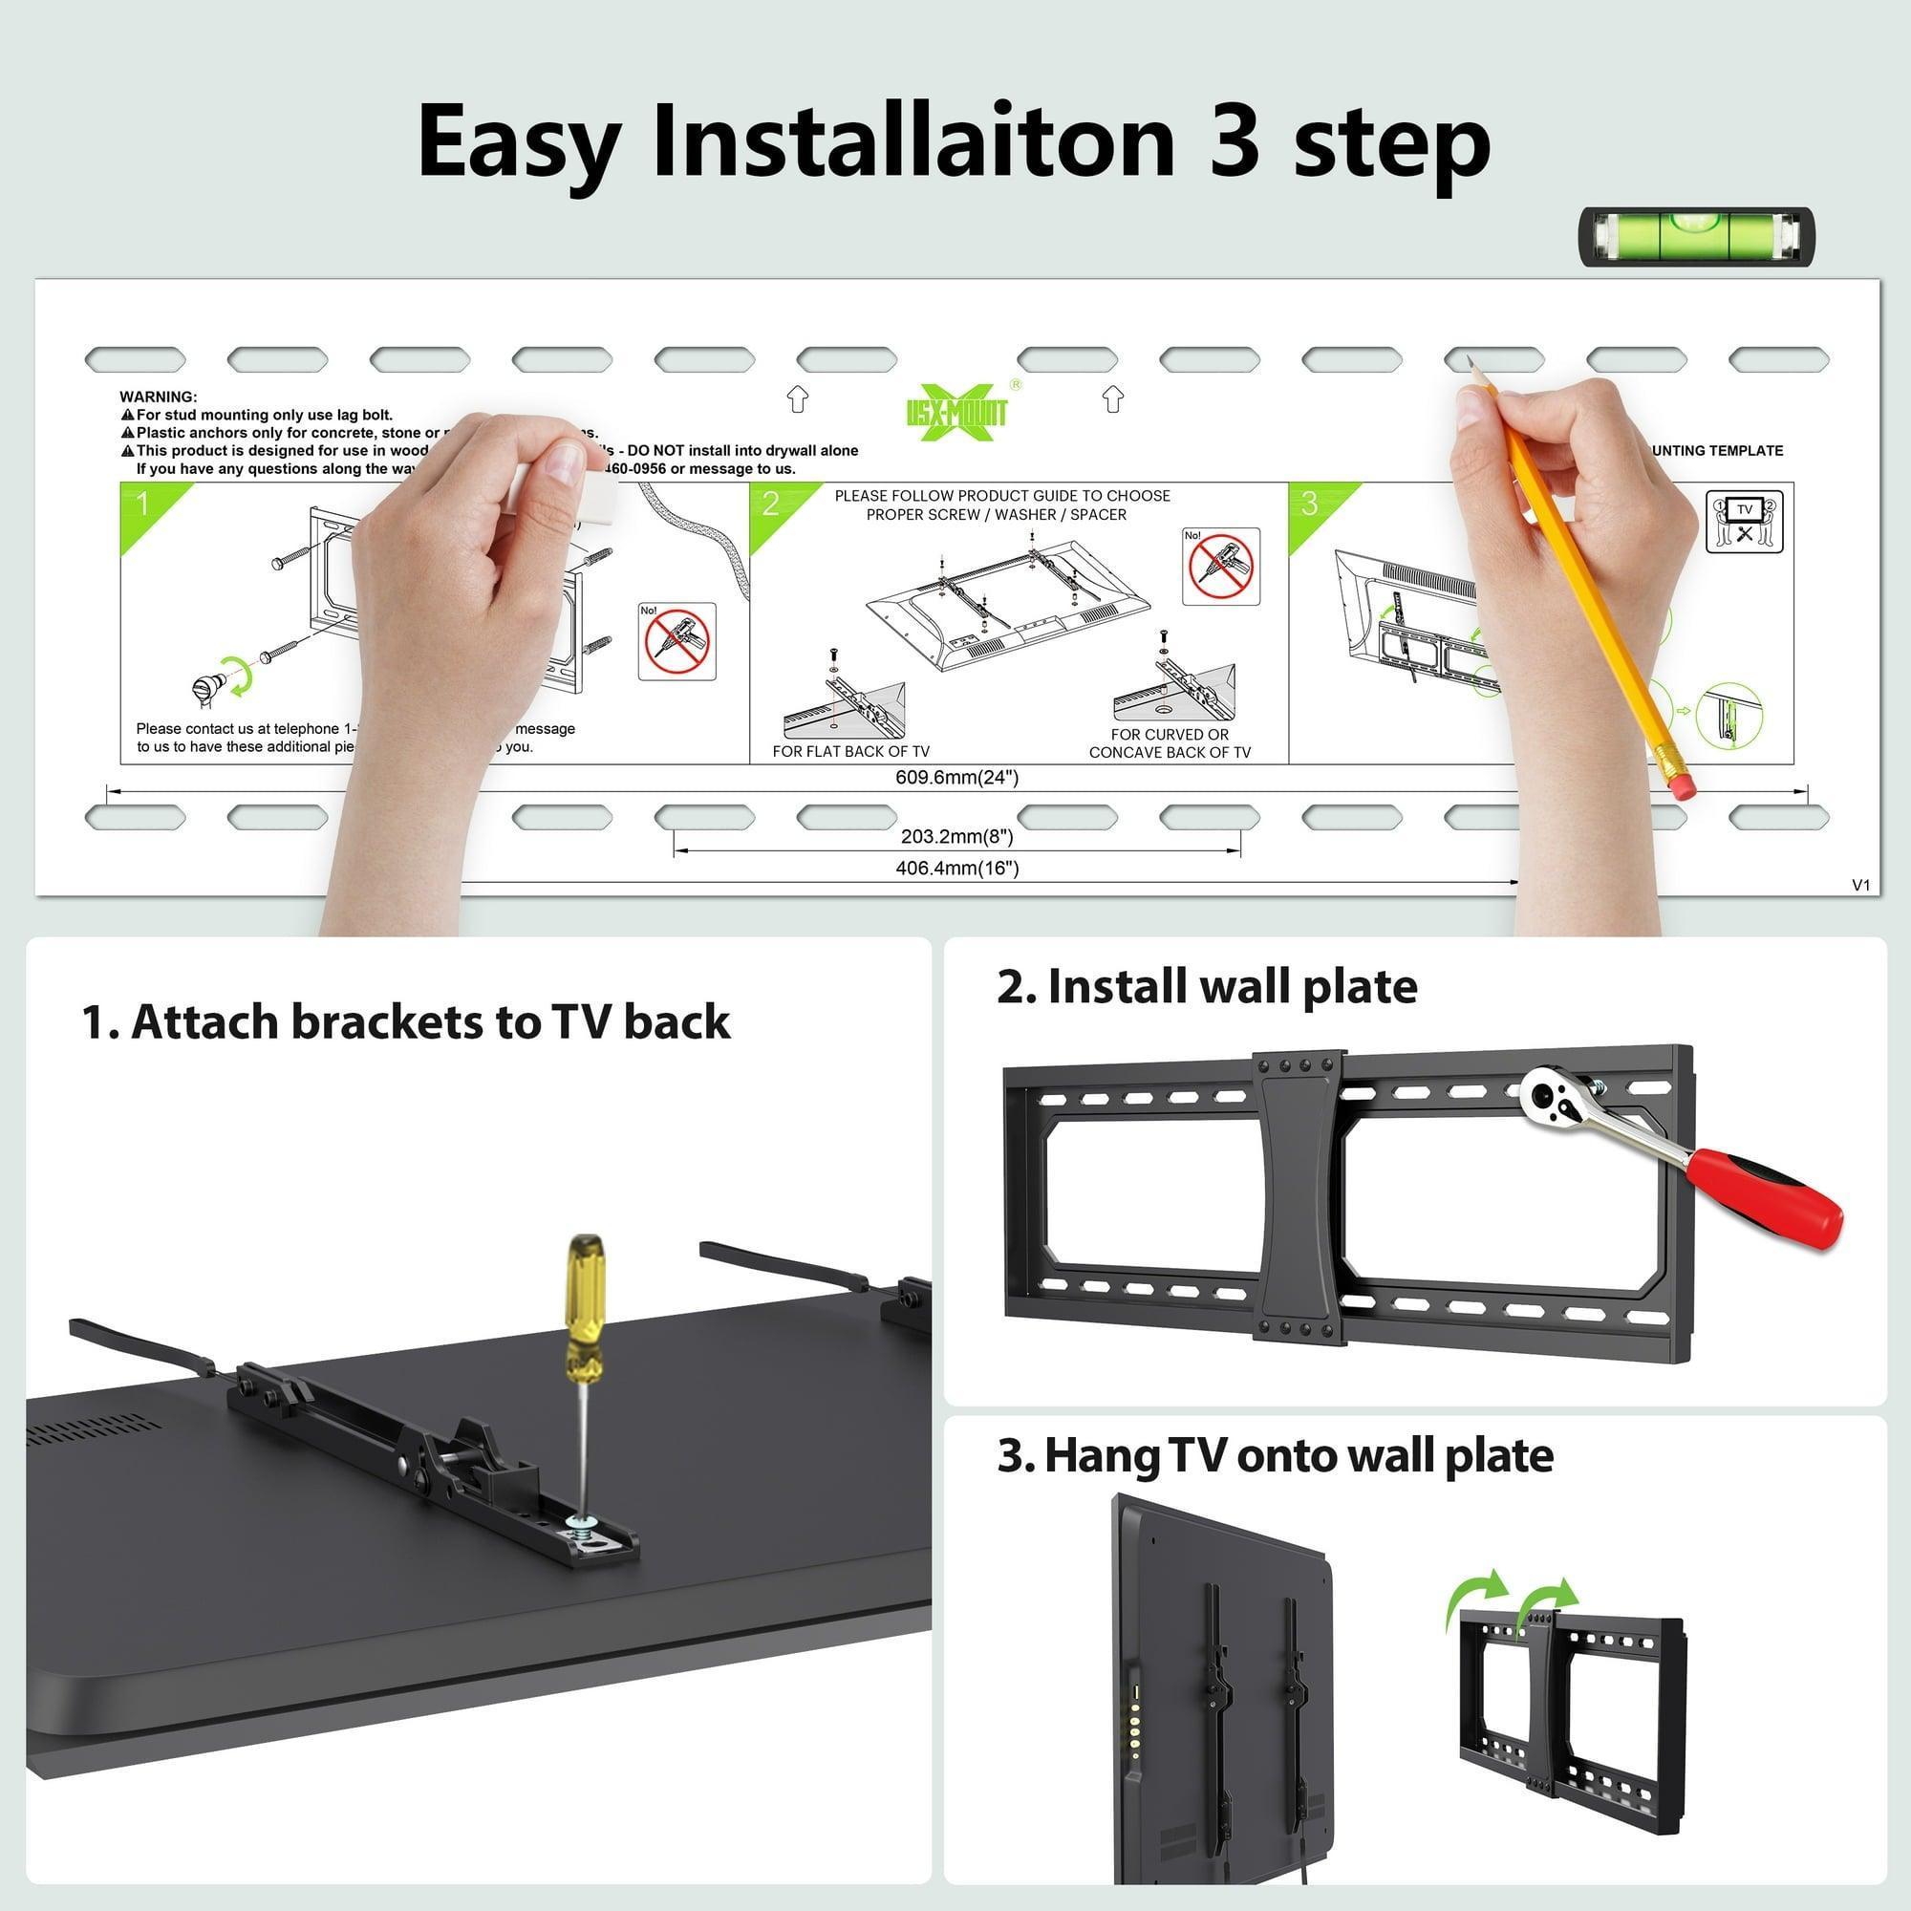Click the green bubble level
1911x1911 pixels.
coord(1696,236)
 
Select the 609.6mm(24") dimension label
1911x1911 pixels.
coord(956,778)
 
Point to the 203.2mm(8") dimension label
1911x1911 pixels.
coord(956,837)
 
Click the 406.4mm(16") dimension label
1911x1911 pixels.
coord(956,869)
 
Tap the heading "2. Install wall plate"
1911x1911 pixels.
coord(1207,987)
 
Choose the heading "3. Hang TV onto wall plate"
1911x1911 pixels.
coord(1275,1456)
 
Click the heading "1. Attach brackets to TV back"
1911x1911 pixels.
coord(405,1021)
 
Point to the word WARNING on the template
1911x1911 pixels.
coord(159,397)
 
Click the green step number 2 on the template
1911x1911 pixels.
coord(771,505)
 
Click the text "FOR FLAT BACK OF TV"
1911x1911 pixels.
coord(850,752)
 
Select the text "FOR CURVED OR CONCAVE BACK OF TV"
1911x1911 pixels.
coord(1170,743)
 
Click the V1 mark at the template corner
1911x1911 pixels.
coord(1860,886)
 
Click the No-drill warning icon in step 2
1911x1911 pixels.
coord(1221,567)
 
